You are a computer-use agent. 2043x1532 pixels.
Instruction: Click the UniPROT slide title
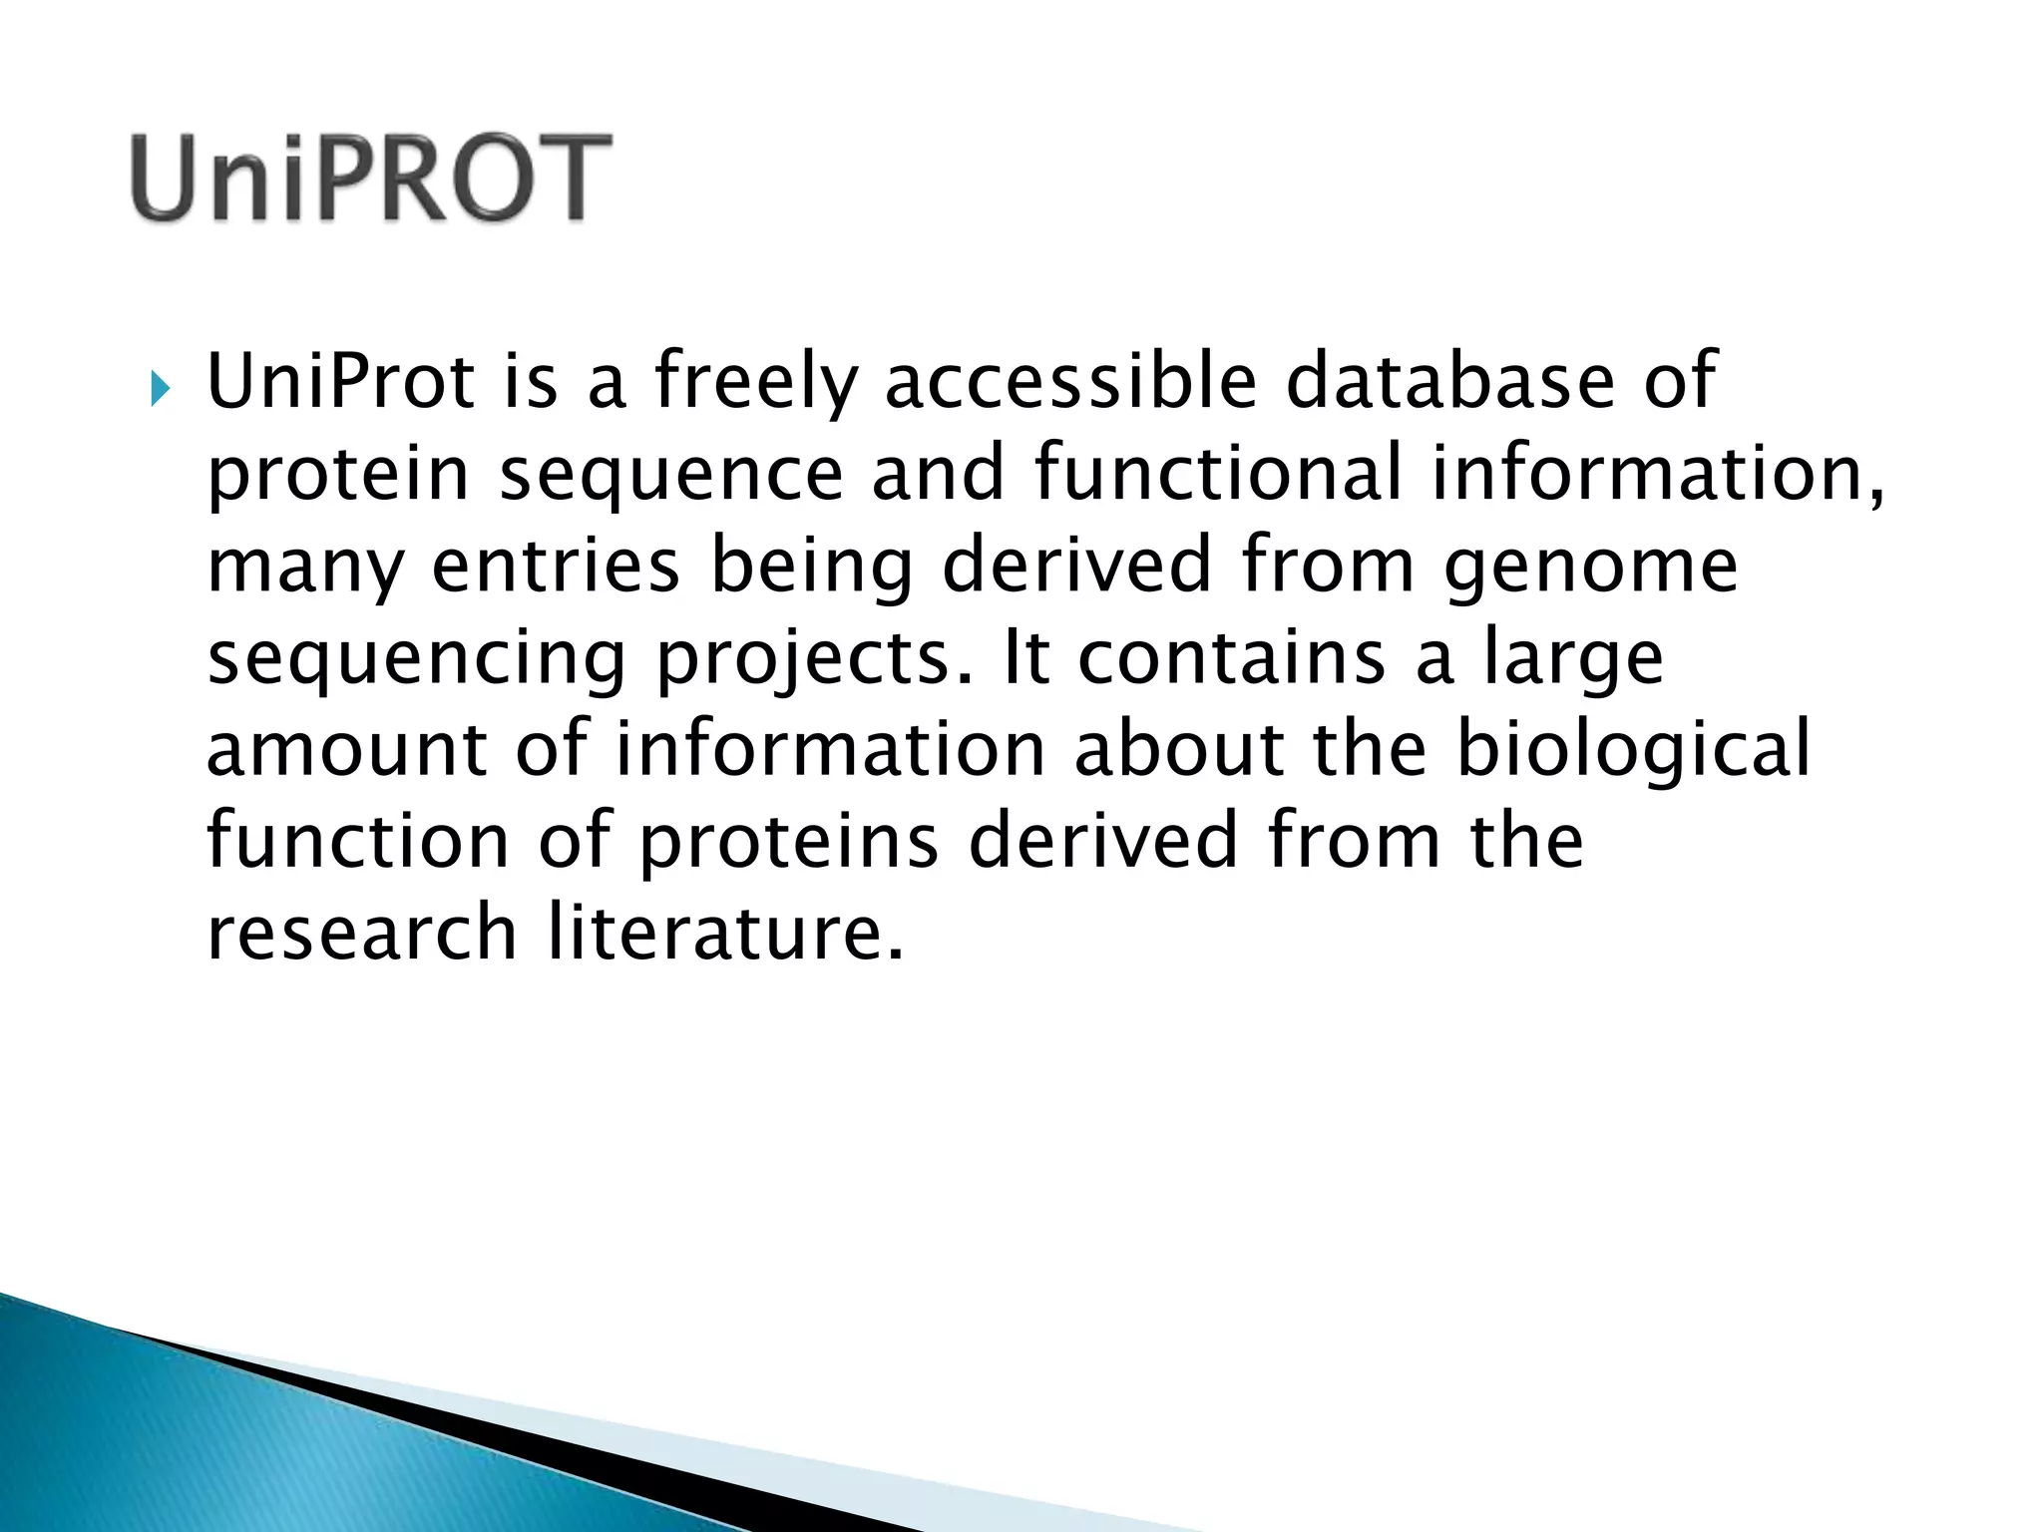(x=370, y=180)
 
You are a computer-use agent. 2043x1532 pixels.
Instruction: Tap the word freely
(x=755, y=383)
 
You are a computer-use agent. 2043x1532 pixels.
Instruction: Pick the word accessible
(x=1070, y=381)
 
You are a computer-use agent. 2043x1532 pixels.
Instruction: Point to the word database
(x=1449, y=381)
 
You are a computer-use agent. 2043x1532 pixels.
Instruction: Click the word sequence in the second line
(x=670, y=475)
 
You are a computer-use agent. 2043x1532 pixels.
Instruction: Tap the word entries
(x=556, y=566)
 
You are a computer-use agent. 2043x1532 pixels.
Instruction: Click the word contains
(x=1231, y=657)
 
